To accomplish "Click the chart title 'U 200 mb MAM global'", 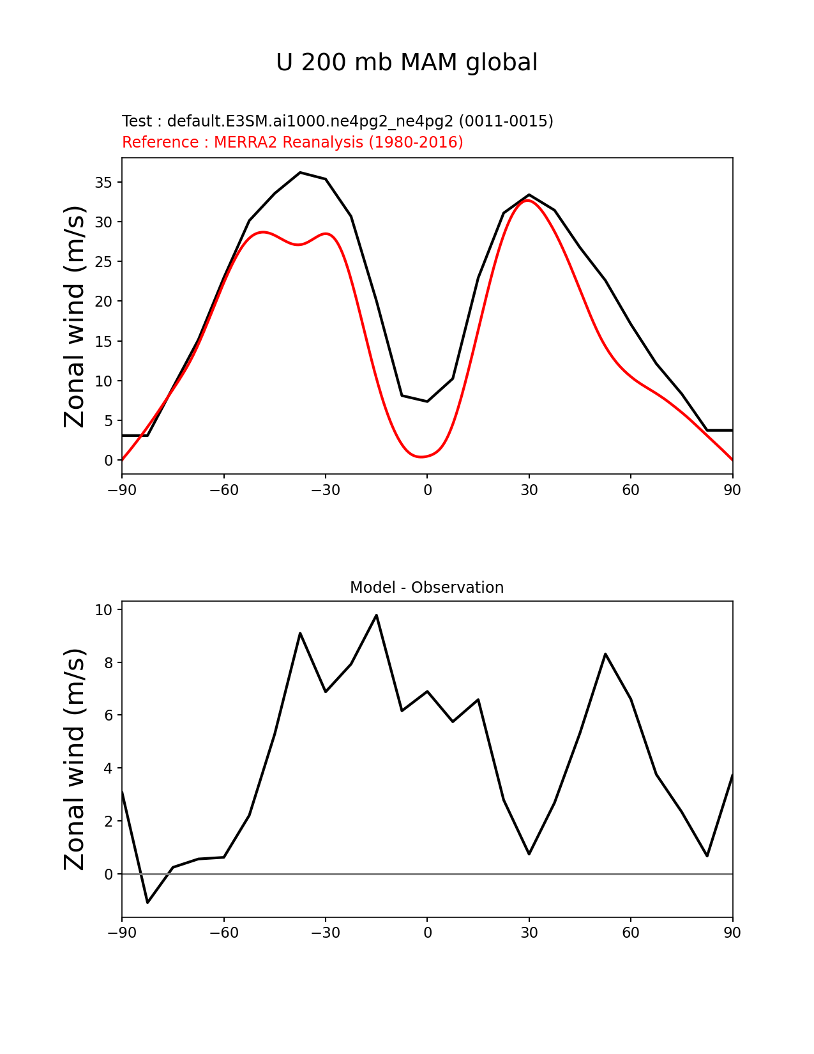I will coord(407,63).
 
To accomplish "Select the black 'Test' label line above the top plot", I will coord(337,121).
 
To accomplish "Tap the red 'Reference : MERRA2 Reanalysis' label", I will coord(292,142).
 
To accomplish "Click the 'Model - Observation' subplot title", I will coord(426,588).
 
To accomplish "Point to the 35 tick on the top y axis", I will coord(104,183).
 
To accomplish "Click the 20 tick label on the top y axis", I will coord(104,302).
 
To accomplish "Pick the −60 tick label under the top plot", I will coord(223,491).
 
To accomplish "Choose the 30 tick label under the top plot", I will coord(529,491).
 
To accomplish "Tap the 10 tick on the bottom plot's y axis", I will coord(104,610).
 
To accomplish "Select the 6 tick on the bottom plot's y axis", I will coord(109,715).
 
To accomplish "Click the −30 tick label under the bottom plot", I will coord(325,933).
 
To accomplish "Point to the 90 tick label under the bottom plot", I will coord(732,933).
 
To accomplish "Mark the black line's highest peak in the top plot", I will coord(300,172).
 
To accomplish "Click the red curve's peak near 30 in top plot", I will coord(529,201).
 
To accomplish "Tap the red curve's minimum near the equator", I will coord(421,457).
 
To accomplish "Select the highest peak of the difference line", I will coord(376,615).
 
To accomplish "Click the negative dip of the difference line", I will coord(147,902).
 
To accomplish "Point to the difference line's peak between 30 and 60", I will coord(605,654).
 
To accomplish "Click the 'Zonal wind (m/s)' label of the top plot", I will coord(75,316).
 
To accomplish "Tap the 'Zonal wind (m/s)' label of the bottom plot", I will coord(75,759).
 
